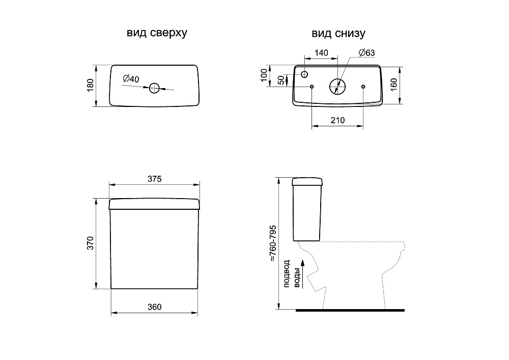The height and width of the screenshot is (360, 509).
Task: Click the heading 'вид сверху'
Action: [157, 33]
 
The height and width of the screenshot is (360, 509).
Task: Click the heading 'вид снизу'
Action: [338, 34]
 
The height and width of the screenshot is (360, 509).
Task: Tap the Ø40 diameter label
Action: [131, 78]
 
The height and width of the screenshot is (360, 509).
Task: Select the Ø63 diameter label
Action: [367, 52]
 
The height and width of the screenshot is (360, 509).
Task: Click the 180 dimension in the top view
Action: [90, 85]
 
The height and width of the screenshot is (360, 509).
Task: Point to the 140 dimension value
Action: [321, 52]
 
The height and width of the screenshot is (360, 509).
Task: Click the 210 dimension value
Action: [337, 120]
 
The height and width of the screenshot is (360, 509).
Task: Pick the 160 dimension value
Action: [394, 85]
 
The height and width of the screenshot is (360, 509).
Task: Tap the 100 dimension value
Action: [264, 75]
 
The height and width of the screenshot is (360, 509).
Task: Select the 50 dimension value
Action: [281, 80]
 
